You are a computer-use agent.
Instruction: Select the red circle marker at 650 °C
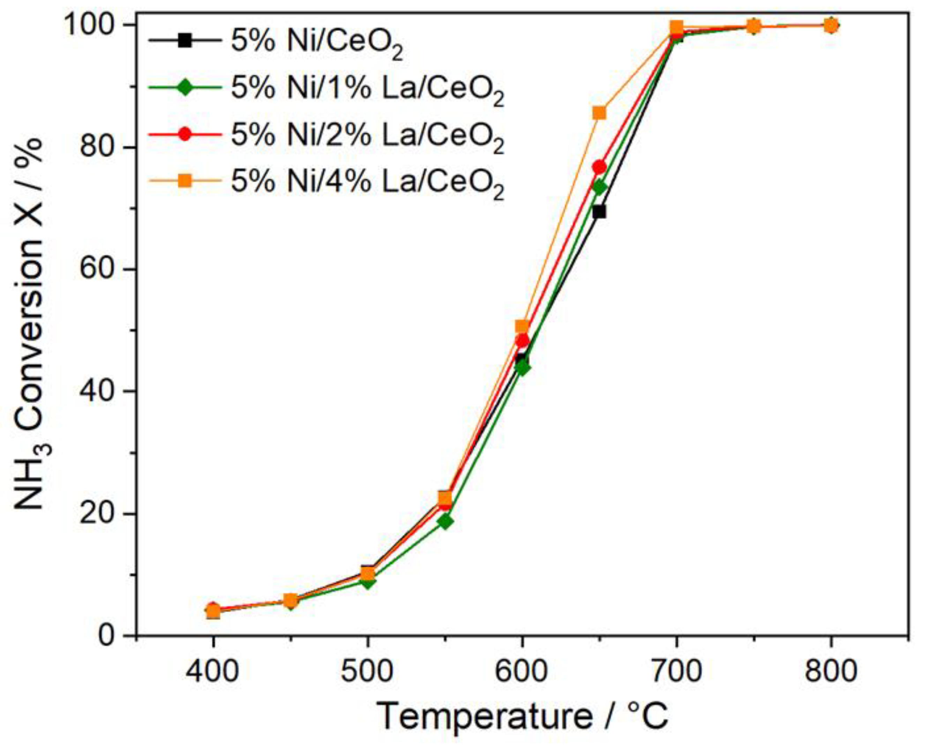coord(599,167)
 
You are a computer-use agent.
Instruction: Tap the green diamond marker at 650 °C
coord(599,187)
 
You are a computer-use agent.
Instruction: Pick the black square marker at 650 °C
coord(599,212)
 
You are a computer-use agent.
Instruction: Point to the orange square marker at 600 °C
coord(522,326)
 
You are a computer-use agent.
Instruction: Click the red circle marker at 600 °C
coord(522,341)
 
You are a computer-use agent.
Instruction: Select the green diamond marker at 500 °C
coord(367,582)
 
